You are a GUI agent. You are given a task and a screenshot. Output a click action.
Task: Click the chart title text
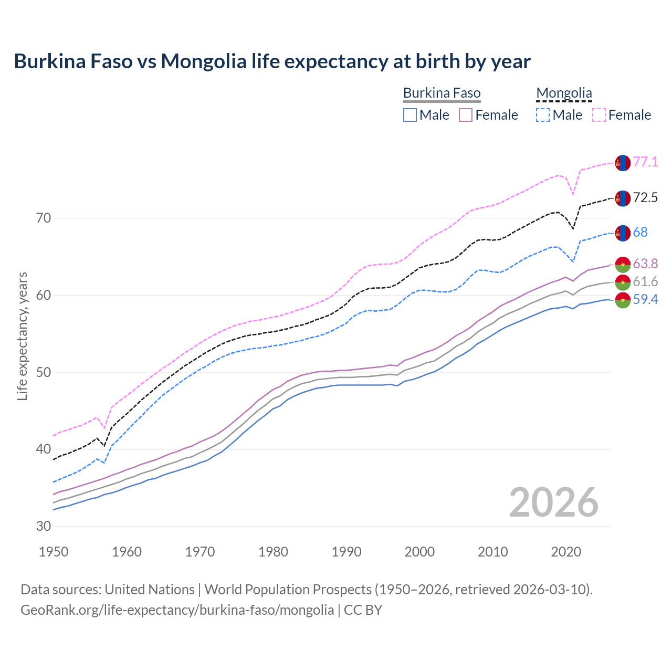pyautogui.click(x=272, y=61)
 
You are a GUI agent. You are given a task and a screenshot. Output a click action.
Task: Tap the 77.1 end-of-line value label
pyautogui.click(x=645, y=162)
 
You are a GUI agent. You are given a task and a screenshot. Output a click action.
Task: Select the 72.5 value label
pyautogui.click(x=645, y=197)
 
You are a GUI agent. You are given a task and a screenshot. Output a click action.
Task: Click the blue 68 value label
pyautogui.click(x=640, y=232)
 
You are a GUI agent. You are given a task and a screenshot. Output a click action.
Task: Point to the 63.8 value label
pyautogui.click(x=645, y=263)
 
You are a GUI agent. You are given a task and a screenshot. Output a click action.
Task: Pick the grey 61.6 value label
pyautogui.click(x=645, y=282)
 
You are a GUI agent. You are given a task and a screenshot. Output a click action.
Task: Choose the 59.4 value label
pyautogui.click(x=645, y=300)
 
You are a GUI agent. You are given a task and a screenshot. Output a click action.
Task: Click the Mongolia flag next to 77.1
pyautogui.click(x=623, y=163)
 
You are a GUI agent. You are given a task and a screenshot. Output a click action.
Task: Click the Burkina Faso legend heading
pyautogui.click(x=442, y=93)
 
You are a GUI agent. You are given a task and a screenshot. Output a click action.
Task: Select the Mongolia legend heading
pyautogui.click(x=564, y=93)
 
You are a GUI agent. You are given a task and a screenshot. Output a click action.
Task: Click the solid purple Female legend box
pyautogui.click(x=466, y=115)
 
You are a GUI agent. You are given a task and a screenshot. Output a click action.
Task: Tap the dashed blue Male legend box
pyautogui.click(x=543, y=115)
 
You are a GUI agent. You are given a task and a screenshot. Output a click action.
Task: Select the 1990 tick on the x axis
pyautogui.click(x=346, y=552)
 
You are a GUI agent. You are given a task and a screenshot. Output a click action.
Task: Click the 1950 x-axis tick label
pyautogui.click(x=54, y=552)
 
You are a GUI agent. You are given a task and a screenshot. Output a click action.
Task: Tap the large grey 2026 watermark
pyautogui.click(x=553, y=502)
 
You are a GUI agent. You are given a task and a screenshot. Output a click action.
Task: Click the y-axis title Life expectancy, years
pyautogui.click(x=23, y=336)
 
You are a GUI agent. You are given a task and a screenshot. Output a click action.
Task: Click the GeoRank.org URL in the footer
pyautogui.click(x=177, y=610)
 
